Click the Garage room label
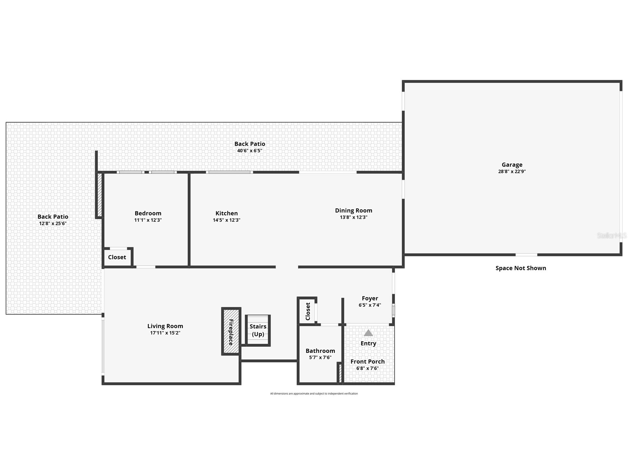pyautogui.click(x=512, y=165)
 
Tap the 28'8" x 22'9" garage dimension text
pyautogui.click(x=512, y=172)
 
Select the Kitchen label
pyautogui.click(x=227, y=213)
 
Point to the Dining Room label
pyautogui.click(x=353, y=210)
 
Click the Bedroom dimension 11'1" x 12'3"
pyautogui.click(x=148, y=220)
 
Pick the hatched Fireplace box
pyautogui.click(x=231, y=331)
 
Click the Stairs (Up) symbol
pyautogui.click(x=258, y=330)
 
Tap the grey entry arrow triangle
pyautogui.click(x=368, y=333)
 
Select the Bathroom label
pyautogui.click(x=320, y=351)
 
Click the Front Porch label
pyautogui.click(x=367, y=361)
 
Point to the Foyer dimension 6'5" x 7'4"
pyautogui.click(x=370, y=305)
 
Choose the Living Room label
pyautogui.click(x=165, y=326)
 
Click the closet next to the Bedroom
pyautogui.click(x=117, y=257)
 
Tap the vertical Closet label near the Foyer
pyautogui.click(x=308, y=311)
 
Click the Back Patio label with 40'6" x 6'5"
pyautogui.click(x=250, y=144)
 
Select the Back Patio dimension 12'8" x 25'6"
pyautogui.click(x=53, y=224)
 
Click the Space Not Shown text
pyautogui.click(x=521, y=268)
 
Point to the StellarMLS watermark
pyautogui.click(x=611, y=236)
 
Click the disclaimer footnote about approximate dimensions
pyautogui.click(x=314, y=394)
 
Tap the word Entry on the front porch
pyautogui.click(x=368, y=343)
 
